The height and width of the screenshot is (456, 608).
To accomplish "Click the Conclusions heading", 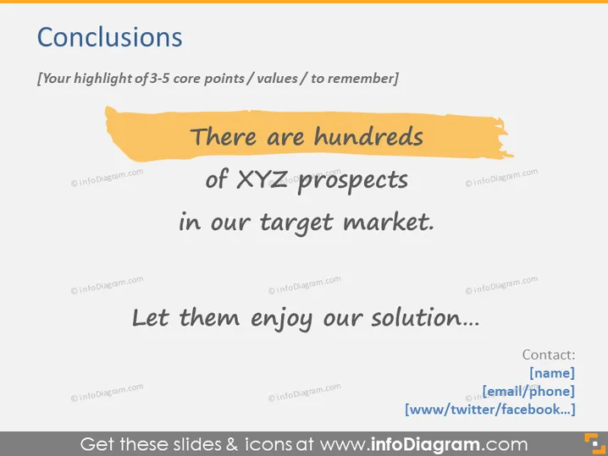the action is (x=109, y=37).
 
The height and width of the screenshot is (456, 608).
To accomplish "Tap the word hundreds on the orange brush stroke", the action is (x=368, y=137).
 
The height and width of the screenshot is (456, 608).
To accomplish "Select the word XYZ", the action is (x=262, y=179).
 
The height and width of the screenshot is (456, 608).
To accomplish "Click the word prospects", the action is (x=353, y=181).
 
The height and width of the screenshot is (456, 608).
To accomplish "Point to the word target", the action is (x=296, y=223).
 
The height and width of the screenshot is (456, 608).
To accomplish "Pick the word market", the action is (x=389, y=222).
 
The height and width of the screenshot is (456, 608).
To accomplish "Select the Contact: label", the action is (x=549, y=354).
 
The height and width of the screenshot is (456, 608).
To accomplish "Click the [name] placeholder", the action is (x=552, y=373).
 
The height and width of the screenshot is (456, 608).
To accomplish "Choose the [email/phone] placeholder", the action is (x=528, y=391).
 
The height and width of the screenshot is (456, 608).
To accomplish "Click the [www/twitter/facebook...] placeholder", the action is (x=490, y=409).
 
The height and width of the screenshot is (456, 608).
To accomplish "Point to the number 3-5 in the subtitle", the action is (x=159, y=79).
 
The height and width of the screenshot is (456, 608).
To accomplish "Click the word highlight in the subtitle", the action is (x=102, y=79).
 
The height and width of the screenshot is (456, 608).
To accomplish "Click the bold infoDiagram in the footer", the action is (x=425, y=444).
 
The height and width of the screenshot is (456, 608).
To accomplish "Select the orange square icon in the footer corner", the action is (x=594, y=443).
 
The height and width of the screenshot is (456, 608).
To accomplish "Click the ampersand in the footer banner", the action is (x=231, y=444).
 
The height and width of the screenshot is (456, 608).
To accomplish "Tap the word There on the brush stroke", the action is (x=224, y=137).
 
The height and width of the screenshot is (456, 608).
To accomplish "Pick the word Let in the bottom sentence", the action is (x=151, y=318).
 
